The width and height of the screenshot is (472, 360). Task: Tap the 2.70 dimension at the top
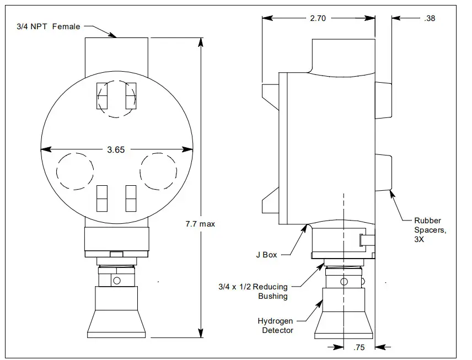(x=318, y=18)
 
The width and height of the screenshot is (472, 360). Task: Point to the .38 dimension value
(x=430, y=18)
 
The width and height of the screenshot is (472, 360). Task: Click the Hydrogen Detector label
(x=276, y=325)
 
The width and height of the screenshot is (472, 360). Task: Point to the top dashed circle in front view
(x=116, y=99)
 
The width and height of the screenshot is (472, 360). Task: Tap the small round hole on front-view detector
(x=116, y=281)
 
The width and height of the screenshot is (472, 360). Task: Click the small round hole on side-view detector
(x=344, y=282)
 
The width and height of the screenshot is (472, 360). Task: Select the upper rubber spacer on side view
(x=383, y=99)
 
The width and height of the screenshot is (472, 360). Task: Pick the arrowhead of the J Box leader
(x=306, y=225)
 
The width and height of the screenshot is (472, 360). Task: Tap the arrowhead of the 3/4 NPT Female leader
(x=116, y=36)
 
